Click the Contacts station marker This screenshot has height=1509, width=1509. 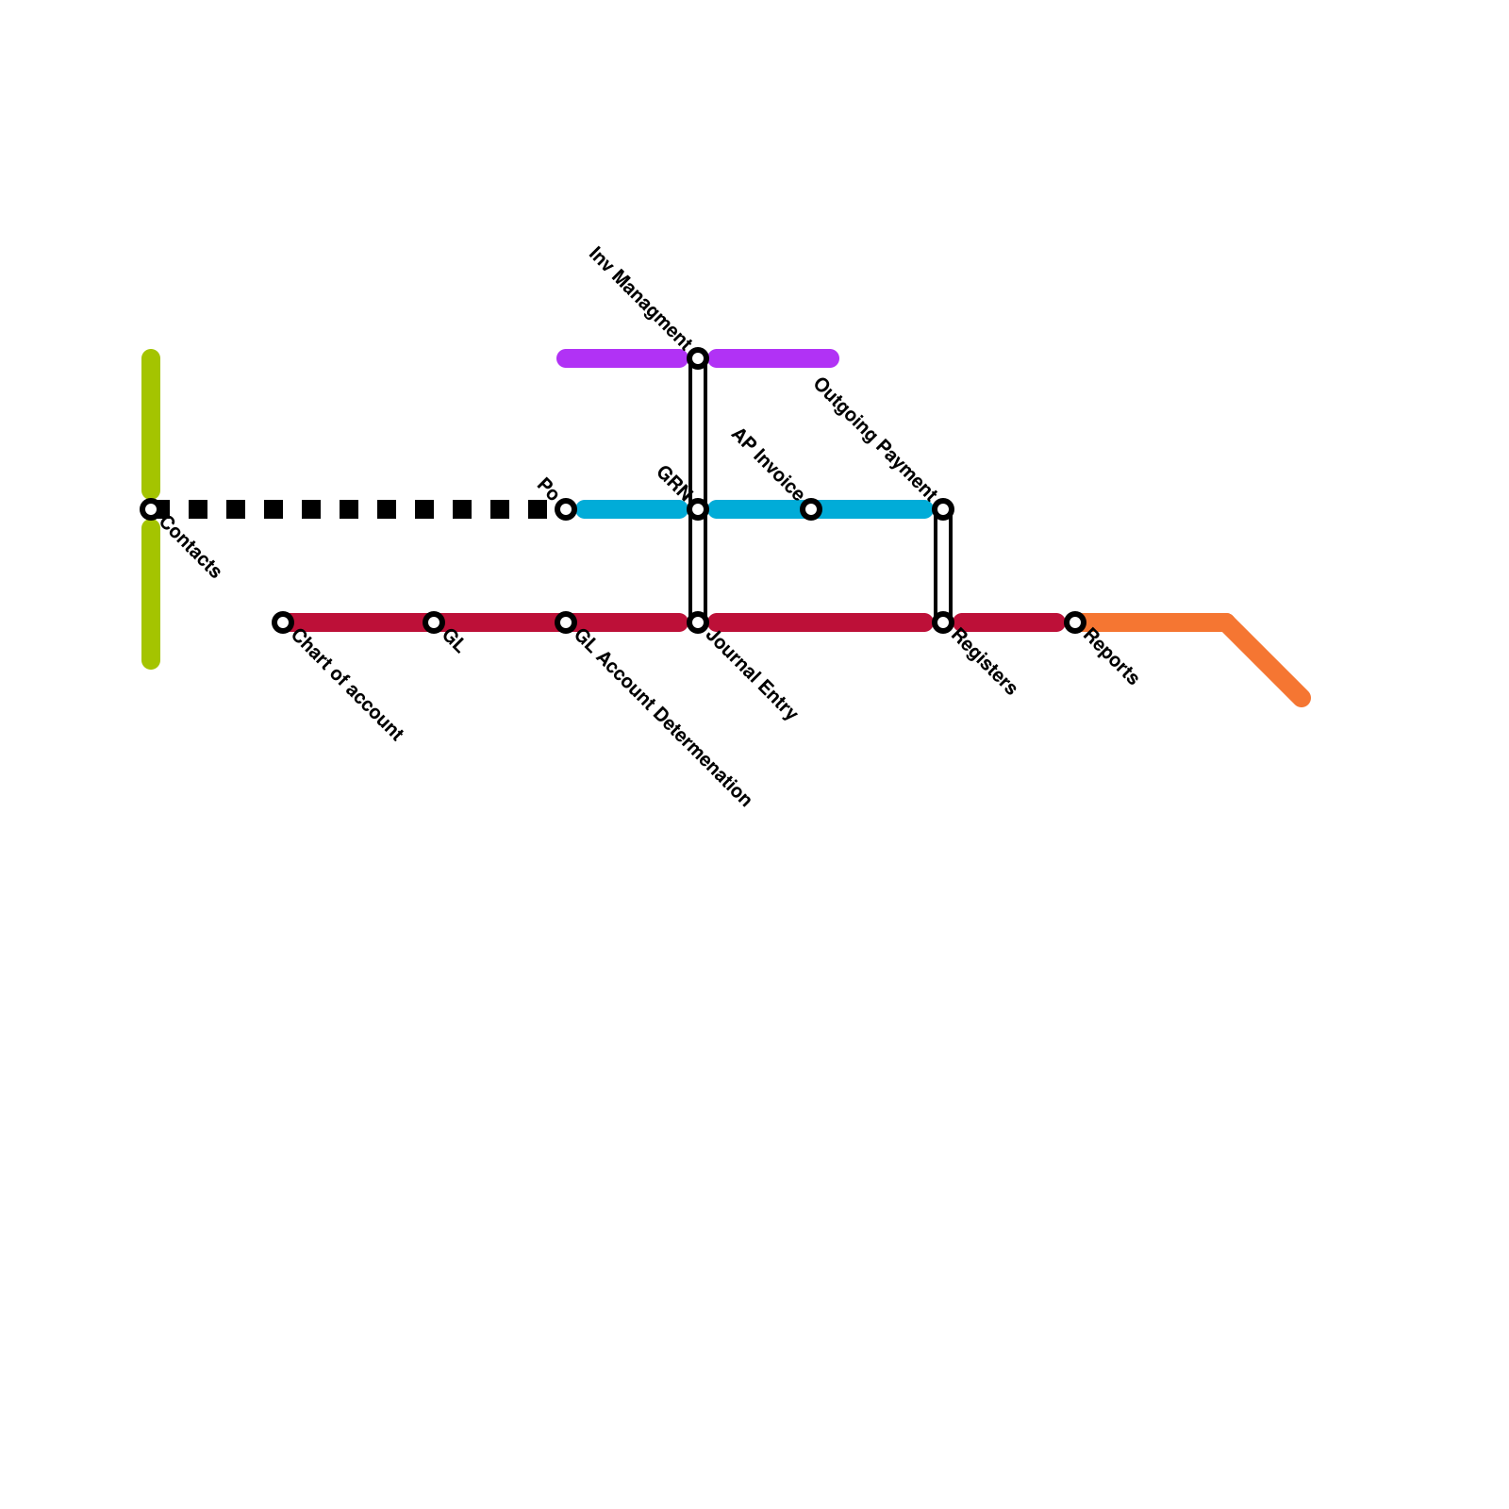(151, 509)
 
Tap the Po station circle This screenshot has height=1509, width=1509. (566, 509)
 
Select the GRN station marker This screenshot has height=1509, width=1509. (698, 509)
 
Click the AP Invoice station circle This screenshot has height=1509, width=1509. (811, 509)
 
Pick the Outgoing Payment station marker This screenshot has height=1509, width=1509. (943, 509)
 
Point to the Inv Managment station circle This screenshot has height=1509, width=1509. (698, 358)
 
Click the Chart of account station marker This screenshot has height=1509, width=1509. (283, 622)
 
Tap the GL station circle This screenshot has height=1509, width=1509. (434, 622)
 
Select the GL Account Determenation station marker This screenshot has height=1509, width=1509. (566, 622)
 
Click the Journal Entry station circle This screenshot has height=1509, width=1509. (698, 622)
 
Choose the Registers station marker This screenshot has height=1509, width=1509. (943, 622)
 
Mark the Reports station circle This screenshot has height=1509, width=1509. (1075, 622)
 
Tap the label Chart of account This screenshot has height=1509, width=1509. (347, 686)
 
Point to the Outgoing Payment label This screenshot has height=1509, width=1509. (874, 439)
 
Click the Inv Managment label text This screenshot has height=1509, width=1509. (638, 295)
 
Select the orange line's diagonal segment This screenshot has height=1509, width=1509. (1264, 660)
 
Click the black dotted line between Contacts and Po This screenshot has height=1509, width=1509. (358, 509)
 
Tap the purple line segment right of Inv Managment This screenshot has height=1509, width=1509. (773, 358)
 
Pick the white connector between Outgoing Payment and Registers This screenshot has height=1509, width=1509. (943, 566)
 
